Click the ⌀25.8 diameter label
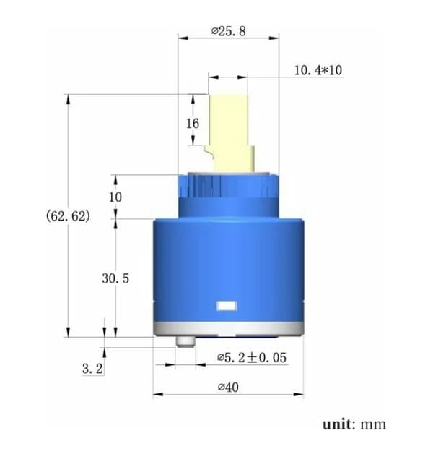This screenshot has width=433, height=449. coord(228,31)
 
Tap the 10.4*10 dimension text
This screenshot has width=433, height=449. coord(318,70)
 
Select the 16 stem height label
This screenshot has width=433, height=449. coord(193,124)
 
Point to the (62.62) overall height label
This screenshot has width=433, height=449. coord(68,215)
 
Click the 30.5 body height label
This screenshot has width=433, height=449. coord(115,278)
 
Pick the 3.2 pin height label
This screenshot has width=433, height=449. coord(92,369)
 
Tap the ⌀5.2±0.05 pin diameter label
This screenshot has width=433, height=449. coord(252,358)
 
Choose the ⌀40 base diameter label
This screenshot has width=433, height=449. coord(228,387)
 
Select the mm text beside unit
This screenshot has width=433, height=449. coord(373,425)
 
